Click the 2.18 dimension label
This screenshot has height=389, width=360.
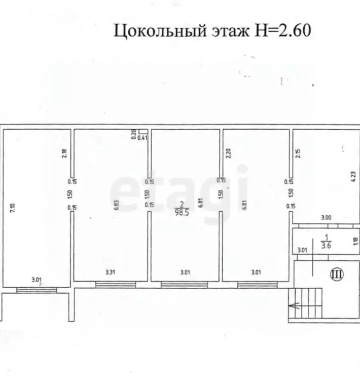64,153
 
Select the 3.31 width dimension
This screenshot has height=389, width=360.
110,273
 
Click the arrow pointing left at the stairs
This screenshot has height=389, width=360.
295,305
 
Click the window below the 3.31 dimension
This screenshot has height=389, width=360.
111,285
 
